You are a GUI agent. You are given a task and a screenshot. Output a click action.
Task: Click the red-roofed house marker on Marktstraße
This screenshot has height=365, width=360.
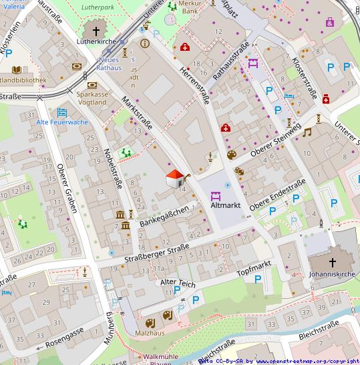click(x=174, y=179)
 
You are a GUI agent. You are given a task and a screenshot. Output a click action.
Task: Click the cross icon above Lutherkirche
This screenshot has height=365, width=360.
click(x=96, y=31)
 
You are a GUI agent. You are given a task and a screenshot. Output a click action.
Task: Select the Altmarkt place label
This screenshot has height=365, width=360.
click(x=225, y=205)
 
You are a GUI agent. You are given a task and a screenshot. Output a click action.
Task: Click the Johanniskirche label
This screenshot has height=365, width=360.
click(x=333, y=274)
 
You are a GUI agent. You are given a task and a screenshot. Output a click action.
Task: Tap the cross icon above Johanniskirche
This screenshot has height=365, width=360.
click(x=333, y=263)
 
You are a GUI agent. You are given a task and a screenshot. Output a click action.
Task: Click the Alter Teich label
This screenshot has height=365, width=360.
click(x=178, y=283)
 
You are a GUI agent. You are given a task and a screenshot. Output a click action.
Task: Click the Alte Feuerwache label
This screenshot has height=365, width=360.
click(x=62, y=122)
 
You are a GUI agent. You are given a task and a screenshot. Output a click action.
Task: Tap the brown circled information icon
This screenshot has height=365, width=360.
click(x=144, y=43)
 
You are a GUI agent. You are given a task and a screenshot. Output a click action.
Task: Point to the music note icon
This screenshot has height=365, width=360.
click(x=307, y=132)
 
